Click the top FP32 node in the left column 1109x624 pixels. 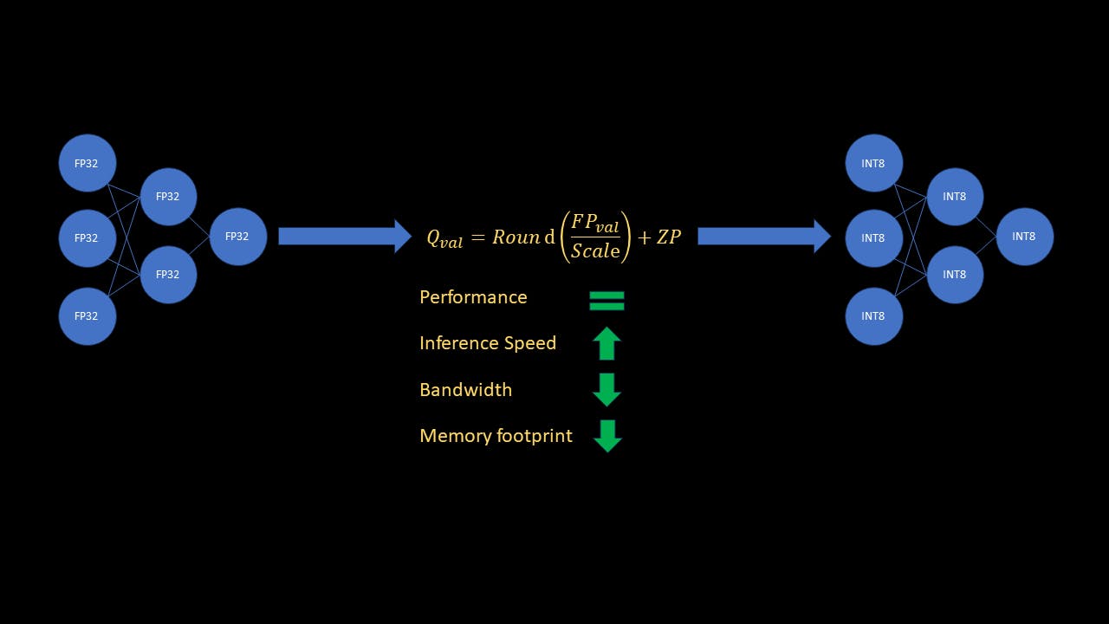(x=88, y=163)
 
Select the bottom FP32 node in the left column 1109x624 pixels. (x=88, y=316)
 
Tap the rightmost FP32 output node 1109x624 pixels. (x=237, y=237)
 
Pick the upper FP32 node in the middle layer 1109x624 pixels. (x=168, y=197)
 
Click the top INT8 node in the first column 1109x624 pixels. (x=874, y=163)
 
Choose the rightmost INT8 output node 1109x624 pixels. (x=1024, y=237)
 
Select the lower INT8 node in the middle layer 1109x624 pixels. (x=955, y=275)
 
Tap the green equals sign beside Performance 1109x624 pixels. (x=606, y=301)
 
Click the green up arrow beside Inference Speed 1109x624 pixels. (x=606, y=343)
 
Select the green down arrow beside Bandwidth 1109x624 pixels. (x=606, y=390)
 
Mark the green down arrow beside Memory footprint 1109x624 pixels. (x=607, y=436)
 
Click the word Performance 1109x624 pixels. (x=473, y=297)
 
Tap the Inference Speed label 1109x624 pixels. (x=488, y=343)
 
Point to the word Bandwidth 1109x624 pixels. (x=465, y=390)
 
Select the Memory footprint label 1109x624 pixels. (x=496, y=436)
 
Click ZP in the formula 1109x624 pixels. (x=669, y=237)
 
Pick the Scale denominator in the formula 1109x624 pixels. (x=595, y=251)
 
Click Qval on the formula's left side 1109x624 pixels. (x=444, y=239)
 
